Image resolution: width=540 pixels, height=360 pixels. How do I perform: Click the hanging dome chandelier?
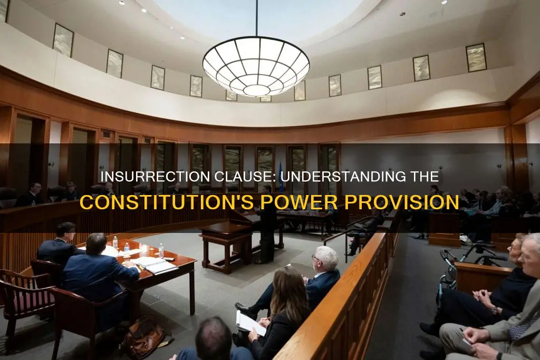[x=256, y=65]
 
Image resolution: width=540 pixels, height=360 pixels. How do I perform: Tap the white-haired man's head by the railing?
[x=325, y=259]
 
